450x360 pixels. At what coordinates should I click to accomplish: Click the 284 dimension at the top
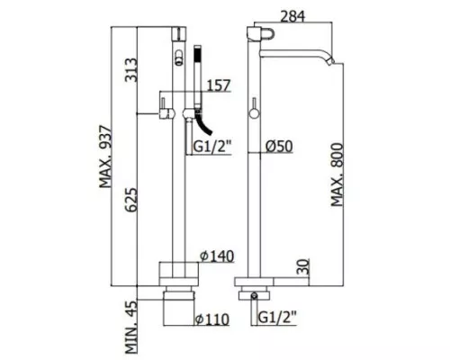(x=292, y=16)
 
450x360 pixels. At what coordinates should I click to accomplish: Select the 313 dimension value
(x=131, y=70)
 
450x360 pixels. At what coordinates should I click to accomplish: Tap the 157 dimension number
(x=219, y=85)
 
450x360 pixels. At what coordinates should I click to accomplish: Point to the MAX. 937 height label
(x=105, y=157)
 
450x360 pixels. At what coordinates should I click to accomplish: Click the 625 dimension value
(x=131, y=201)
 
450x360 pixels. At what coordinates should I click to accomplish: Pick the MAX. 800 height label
(x=337, y=175)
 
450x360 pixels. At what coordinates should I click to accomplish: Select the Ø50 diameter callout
(x=279, y=147)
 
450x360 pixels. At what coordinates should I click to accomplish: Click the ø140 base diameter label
(x=217, y=256)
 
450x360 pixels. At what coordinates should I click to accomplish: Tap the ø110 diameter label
(x=212, y=319)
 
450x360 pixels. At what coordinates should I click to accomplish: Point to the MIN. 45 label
(x=131, y=327)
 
